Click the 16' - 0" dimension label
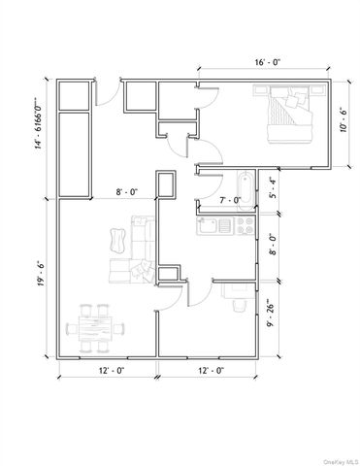(x=267, y=62)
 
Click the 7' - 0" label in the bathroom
(x=230, y=200)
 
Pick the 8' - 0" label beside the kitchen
(x=274, y=245)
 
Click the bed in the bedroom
(x=290, y=114)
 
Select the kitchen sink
(x=214, y=225)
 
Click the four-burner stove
(x=245, y=225)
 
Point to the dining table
(x=95, y=328)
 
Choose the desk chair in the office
(x=240, y=305)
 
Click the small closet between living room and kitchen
(x=168, y=274)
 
